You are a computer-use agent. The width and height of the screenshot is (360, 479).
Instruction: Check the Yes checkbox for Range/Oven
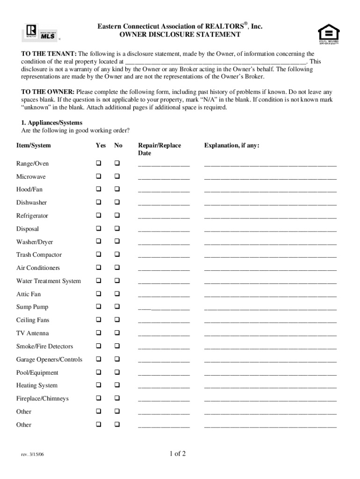pyautogui.click(x=99, y=163)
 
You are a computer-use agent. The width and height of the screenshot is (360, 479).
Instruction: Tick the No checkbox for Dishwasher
pyautogui.click(x=117, y=203)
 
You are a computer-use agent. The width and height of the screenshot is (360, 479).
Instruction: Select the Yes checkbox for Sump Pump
pyautogui.click(x=99, y=307)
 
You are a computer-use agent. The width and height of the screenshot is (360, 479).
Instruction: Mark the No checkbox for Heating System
pyautogui.click(x=117, y=385)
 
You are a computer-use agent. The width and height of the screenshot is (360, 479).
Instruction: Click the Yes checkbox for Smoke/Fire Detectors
pyautogui.click(x=99, y=346)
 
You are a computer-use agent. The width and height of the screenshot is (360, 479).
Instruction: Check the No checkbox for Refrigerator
pyautogui.click(x=117, y=216)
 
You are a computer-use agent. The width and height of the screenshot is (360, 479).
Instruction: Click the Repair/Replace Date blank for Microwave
pyautogui.click(x=164, y=178)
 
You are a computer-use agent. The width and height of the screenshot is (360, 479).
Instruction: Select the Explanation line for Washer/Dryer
pyautogui.click(x=270, y=243)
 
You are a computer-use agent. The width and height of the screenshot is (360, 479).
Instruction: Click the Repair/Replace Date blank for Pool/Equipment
pyautogui.click(x=164, y=374)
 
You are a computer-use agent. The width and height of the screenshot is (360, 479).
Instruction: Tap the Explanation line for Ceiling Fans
pyautogui.click(x=270, y=321)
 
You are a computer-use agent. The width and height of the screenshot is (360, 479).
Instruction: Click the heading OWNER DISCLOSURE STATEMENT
pyautogui.click(x=180, y=35)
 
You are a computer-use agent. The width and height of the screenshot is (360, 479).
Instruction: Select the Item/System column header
pyautogui.click(x=33, y=145)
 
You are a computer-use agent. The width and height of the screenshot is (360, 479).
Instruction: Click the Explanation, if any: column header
pyautogui.click(x=231, y=145)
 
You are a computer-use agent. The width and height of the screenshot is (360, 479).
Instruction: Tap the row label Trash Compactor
pyautogui.click(x=39, y=255)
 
